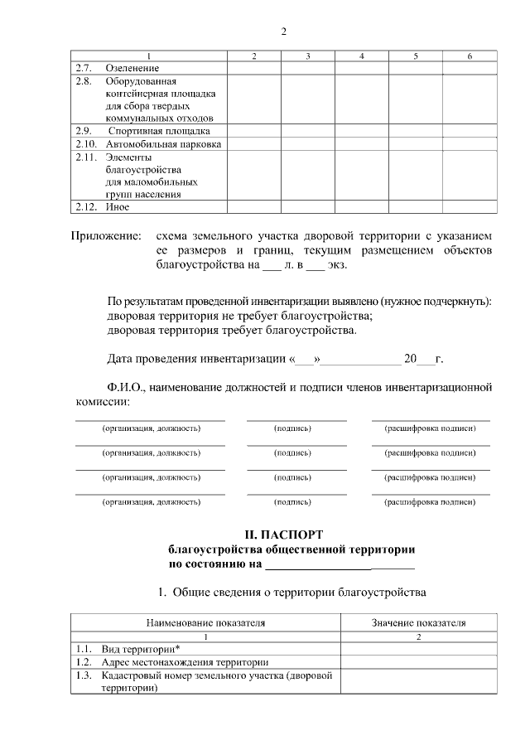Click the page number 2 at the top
coord(283,31)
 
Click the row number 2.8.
coord(83,81)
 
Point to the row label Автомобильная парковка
coord(163,144)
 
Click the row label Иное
coord(117,206)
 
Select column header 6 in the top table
coord(470,56)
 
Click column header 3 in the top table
coord(307,56)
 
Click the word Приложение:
coord(105,236)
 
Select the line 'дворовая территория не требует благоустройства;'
coord(240,316)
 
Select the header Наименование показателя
coord(205,622)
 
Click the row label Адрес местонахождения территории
coord(184,662)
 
